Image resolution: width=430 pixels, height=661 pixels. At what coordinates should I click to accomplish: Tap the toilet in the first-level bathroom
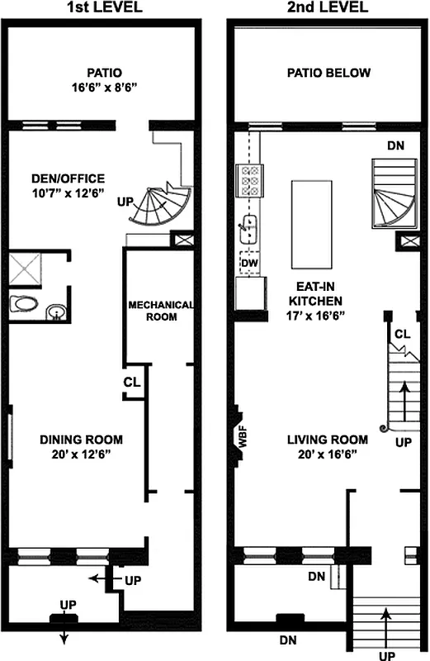coord(26,304)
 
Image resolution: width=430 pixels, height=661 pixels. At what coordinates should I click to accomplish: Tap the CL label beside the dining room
coord(132,382)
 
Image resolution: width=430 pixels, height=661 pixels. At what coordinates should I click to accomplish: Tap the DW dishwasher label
coord(249,262)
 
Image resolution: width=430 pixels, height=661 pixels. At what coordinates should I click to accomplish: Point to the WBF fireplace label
coord(243,436)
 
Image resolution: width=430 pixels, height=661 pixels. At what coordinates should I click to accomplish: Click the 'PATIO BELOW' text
coord(328,73)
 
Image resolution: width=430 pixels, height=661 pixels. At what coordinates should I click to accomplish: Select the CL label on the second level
coord(403,334)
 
